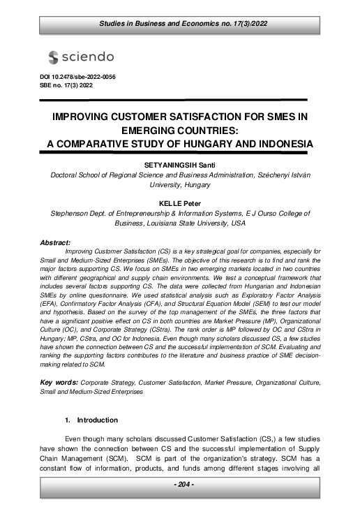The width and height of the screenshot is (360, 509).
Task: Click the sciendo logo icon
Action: point(54,57)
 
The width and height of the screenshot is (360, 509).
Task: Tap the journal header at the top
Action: point(179,26)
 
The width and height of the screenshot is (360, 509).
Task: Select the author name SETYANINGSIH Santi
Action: point(179,165)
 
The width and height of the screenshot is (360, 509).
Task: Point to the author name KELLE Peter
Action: point(179,203)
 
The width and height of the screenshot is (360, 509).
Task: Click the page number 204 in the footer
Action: point(179,484)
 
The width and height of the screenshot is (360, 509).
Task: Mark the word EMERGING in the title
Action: point(117,130)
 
